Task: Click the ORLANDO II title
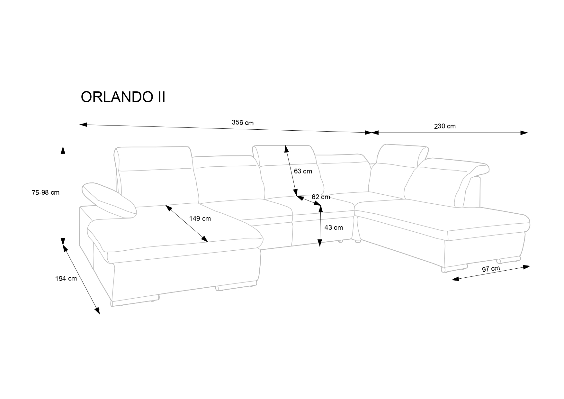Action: (123, 97)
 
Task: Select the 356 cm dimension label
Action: (242, 123)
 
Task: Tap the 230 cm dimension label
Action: (445, 126)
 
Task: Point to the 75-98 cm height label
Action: (46, 192)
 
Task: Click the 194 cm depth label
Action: (66, 278)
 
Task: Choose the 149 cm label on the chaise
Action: (200, 218)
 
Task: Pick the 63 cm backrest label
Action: (303, 171)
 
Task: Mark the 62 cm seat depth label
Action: (321, 197)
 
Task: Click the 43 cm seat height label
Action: (334, 227)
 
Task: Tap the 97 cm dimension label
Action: (491, 269)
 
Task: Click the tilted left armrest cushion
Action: (109, 199)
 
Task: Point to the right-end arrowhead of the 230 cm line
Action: (524, 133)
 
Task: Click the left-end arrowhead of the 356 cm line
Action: (83, 125)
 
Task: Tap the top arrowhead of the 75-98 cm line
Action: (63, 150)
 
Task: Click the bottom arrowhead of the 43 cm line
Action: (319, 243)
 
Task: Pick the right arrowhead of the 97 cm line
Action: (526, 266)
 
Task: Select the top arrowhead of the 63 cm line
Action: (285, 149)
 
